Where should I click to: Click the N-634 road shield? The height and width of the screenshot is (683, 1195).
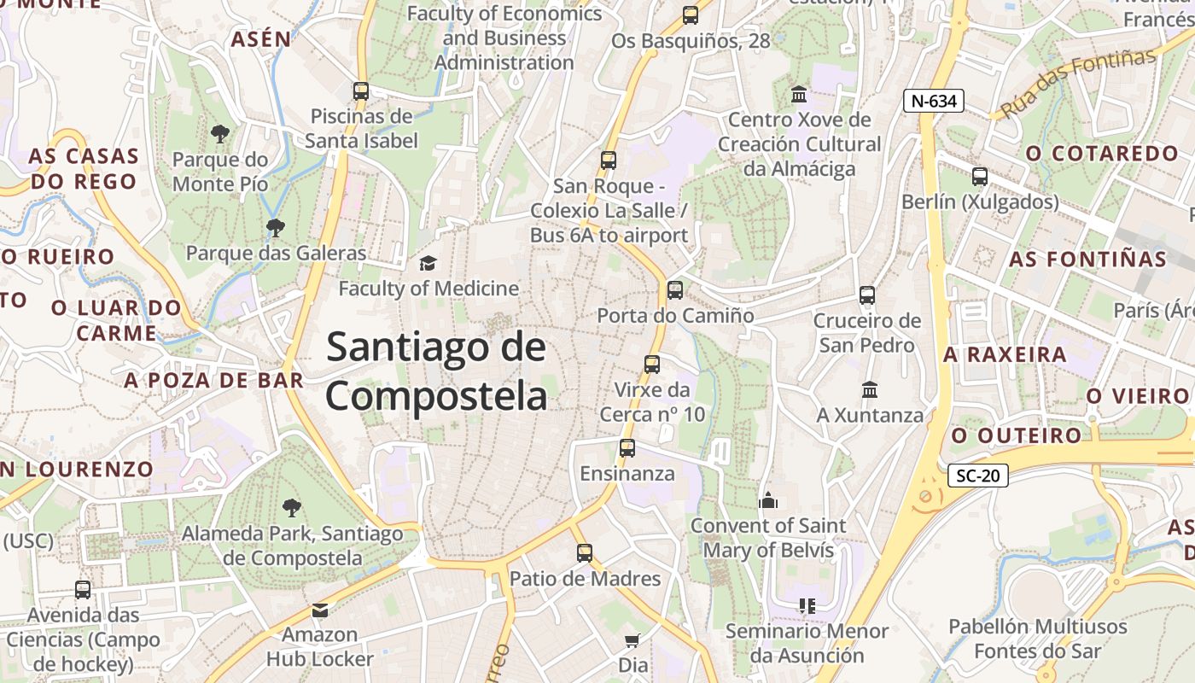934,101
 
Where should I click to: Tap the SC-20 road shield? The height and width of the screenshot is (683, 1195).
978,476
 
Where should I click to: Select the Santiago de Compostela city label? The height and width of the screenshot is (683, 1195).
436,372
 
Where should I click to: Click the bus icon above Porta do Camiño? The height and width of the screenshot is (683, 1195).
675,290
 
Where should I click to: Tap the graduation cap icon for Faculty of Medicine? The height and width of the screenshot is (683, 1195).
427,263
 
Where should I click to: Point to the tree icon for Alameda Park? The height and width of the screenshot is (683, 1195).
292,508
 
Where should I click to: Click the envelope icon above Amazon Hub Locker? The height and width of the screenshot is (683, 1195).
320,610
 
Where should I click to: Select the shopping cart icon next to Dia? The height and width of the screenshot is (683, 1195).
632,640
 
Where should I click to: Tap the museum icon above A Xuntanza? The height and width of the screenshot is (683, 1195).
870,389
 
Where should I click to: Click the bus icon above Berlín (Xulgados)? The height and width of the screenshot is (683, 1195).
980,177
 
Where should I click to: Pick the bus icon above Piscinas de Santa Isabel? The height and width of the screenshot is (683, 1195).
361,91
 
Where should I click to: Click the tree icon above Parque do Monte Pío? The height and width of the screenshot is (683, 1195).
220,134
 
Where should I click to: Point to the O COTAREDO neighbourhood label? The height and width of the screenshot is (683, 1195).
1102,154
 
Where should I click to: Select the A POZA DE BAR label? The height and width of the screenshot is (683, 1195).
214,380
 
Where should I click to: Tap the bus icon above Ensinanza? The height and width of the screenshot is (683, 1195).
627,448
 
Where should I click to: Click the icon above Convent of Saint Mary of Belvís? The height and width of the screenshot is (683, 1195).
768,500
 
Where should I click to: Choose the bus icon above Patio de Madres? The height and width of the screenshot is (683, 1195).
585,553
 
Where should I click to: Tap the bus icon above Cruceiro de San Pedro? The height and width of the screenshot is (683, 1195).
867,296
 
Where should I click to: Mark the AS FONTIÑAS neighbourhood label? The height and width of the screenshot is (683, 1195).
1087,259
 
